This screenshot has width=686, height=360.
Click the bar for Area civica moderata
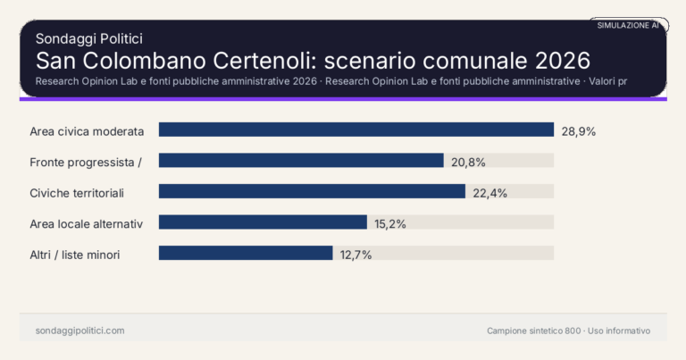point(356,130)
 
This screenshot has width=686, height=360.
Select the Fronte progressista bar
point(301,161)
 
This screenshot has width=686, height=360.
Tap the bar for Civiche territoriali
point(312,191)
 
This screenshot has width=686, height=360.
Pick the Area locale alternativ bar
point(263,222)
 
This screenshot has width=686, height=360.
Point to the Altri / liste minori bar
point(246,253)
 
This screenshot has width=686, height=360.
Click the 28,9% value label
point(578,130)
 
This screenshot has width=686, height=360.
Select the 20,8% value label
point(468,161)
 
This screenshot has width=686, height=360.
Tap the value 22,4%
point(489,192)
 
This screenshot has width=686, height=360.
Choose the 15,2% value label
point(390,223)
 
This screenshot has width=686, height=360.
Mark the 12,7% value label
point(356,254)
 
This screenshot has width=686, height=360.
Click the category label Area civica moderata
point(87,130)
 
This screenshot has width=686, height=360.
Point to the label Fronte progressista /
point(87,162)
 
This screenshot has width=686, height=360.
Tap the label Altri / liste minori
point(75,255)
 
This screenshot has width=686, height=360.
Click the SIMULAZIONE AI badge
point(628,26)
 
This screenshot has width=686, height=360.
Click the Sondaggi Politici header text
point(89,38)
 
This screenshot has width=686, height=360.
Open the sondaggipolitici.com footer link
point(79,331)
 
